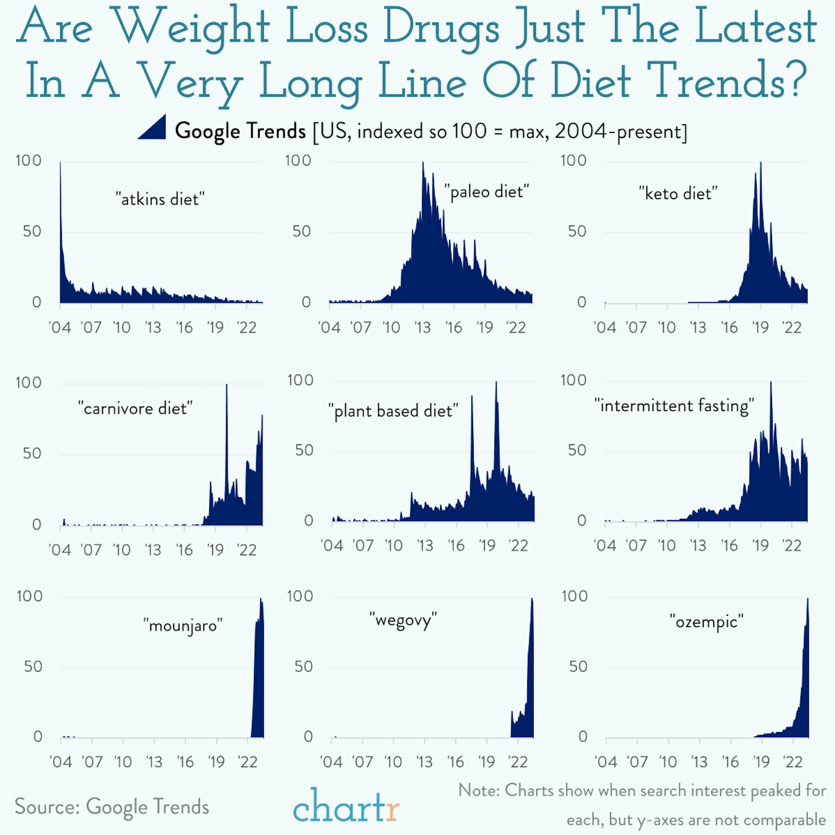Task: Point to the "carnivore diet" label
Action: [x=135, y=408]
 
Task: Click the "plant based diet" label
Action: [x=393, y=411]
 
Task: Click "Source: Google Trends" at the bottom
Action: [x=112, y=807]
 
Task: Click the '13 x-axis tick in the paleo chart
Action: [x=423, y=328]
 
